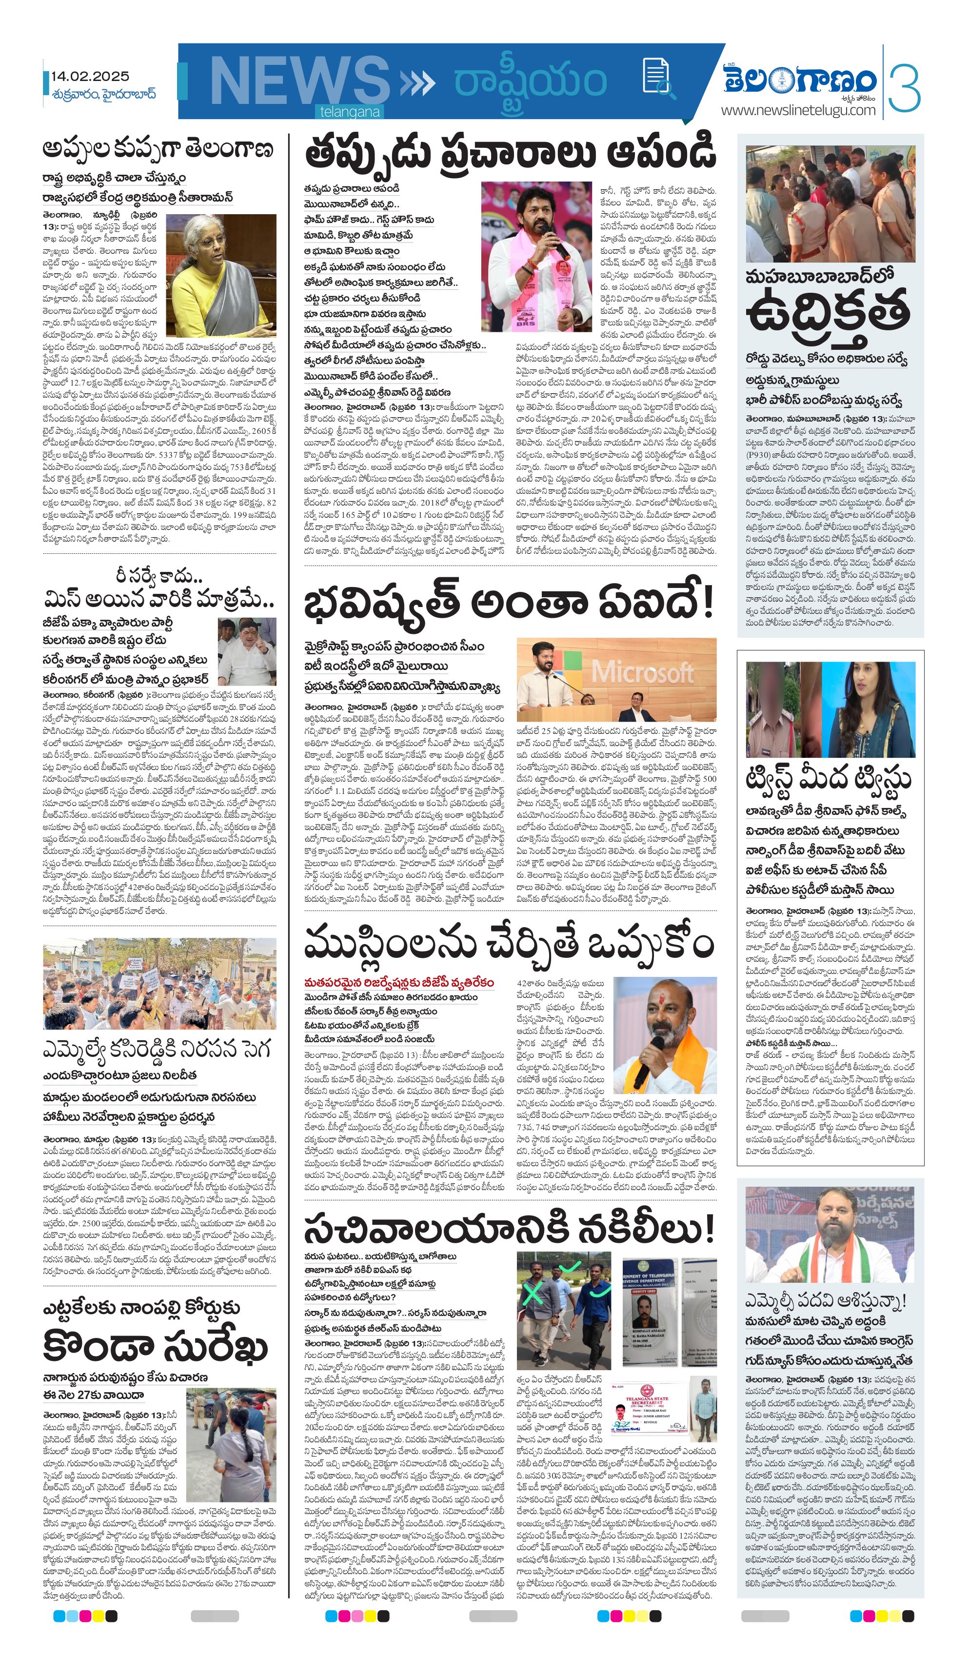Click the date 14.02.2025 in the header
click(90, 77)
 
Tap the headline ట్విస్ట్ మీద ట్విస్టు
click(828, 779)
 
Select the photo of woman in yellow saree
click(220, 275)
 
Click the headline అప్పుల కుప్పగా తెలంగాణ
click(158, 149)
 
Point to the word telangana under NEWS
click(350, 112)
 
